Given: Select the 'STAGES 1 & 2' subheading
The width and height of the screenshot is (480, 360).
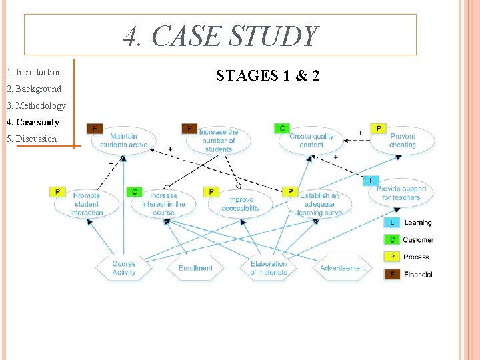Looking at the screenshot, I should (x=267, y=76).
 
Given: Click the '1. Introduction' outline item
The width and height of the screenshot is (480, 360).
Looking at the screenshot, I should (x=34, y=72).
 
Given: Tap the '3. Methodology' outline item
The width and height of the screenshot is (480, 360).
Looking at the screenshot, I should (x=36, y=105).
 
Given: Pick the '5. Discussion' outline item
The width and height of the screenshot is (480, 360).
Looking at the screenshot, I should (x=31, y=139).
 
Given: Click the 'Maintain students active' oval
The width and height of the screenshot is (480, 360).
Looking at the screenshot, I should (x=124, y=141).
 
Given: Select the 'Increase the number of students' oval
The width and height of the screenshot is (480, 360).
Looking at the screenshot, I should (x=218, y=141).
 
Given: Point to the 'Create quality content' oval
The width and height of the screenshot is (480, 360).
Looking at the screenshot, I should (x=311, y=141).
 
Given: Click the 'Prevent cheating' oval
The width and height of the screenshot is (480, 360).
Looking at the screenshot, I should (x=402, y=141).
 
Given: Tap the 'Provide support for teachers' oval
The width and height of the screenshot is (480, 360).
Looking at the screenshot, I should (x=401, y=193).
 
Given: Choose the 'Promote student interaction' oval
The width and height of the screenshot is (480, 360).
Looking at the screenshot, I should (x=87, y=204).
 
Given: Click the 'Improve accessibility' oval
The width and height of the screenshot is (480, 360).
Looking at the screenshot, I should (x=241, y=204).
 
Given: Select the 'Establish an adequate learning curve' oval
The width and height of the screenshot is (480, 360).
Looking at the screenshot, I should (x=319, y=204).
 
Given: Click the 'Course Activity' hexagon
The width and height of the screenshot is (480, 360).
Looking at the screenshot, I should (x=124, y=268).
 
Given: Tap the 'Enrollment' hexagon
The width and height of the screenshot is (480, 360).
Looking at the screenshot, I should (x=195, y=268).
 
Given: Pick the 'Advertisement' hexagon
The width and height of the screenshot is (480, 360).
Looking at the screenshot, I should (x=343, y=268).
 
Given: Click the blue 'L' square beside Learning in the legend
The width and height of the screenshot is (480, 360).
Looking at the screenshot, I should (x=392, y=223).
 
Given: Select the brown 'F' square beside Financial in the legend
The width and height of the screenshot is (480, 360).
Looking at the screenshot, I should (x=392, y=274).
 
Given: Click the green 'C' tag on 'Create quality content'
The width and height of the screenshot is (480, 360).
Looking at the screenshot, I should (x=282, y=128).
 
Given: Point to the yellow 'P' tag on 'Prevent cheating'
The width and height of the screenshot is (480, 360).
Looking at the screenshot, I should (x=379, y=128).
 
